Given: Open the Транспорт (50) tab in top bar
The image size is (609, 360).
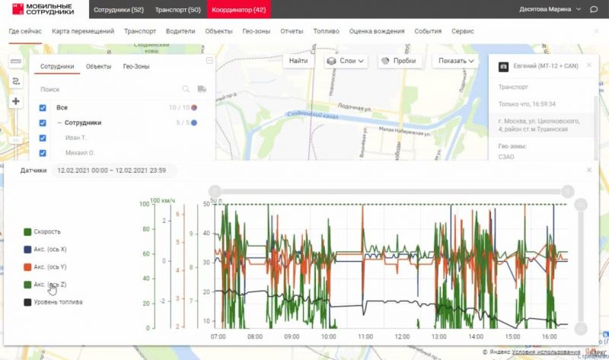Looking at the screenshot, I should pos(177,9).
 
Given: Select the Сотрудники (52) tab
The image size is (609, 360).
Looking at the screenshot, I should pos(118,9).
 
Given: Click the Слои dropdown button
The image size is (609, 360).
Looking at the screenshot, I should pos(346,61).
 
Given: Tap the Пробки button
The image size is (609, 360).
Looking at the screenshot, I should pos(403,61).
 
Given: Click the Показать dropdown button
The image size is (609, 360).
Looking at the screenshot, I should pos(457,61).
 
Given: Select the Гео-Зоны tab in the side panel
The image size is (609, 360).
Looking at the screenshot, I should pos(136,67).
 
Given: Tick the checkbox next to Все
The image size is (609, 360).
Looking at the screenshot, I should pos(43,108).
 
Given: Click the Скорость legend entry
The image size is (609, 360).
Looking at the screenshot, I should pos(46,231).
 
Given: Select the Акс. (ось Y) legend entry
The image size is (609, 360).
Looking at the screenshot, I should pos(51,267).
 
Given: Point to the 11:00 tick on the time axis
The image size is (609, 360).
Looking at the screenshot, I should pos(365,336).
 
